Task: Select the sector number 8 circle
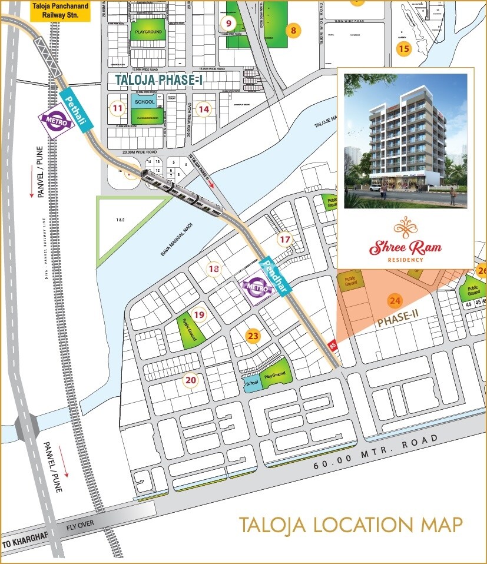(293, 30)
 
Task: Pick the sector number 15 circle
(403, 48)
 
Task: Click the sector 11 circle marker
(118, 108)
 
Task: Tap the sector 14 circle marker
(204, 109)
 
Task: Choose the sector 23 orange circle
(253, 336)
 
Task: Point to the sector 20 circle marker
(190, 380)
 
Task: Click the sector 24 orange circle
(395, 301)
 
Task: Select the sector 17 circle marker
(285, 240)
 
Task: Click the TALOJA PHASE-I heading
(158, 81)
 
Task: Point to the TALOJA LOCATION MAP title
(350, 525)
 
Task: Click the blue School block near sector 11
(144, 102)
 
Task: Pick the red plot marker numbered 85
(333, 346)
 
